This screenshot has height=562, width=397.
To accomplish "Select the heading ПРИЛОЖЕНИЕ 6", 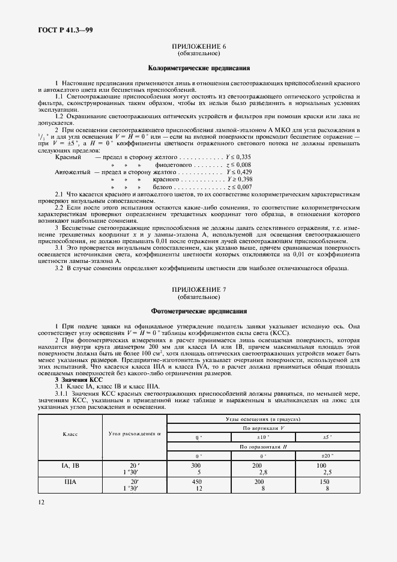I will coord(199,46).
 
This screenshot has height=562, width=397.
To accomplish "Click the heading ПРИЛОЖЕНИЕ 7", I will coord(199,290).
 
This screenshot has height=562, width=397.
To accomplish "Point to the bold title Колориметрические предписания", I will coord(199,68).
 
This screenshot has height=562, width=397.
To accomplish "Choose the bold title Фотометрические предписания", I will coord(199,312).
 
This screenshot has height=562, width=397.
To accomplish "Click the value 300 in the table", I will coord(195,465).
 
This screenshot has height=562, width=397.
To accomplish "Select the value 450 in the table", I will coord(195,482).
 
